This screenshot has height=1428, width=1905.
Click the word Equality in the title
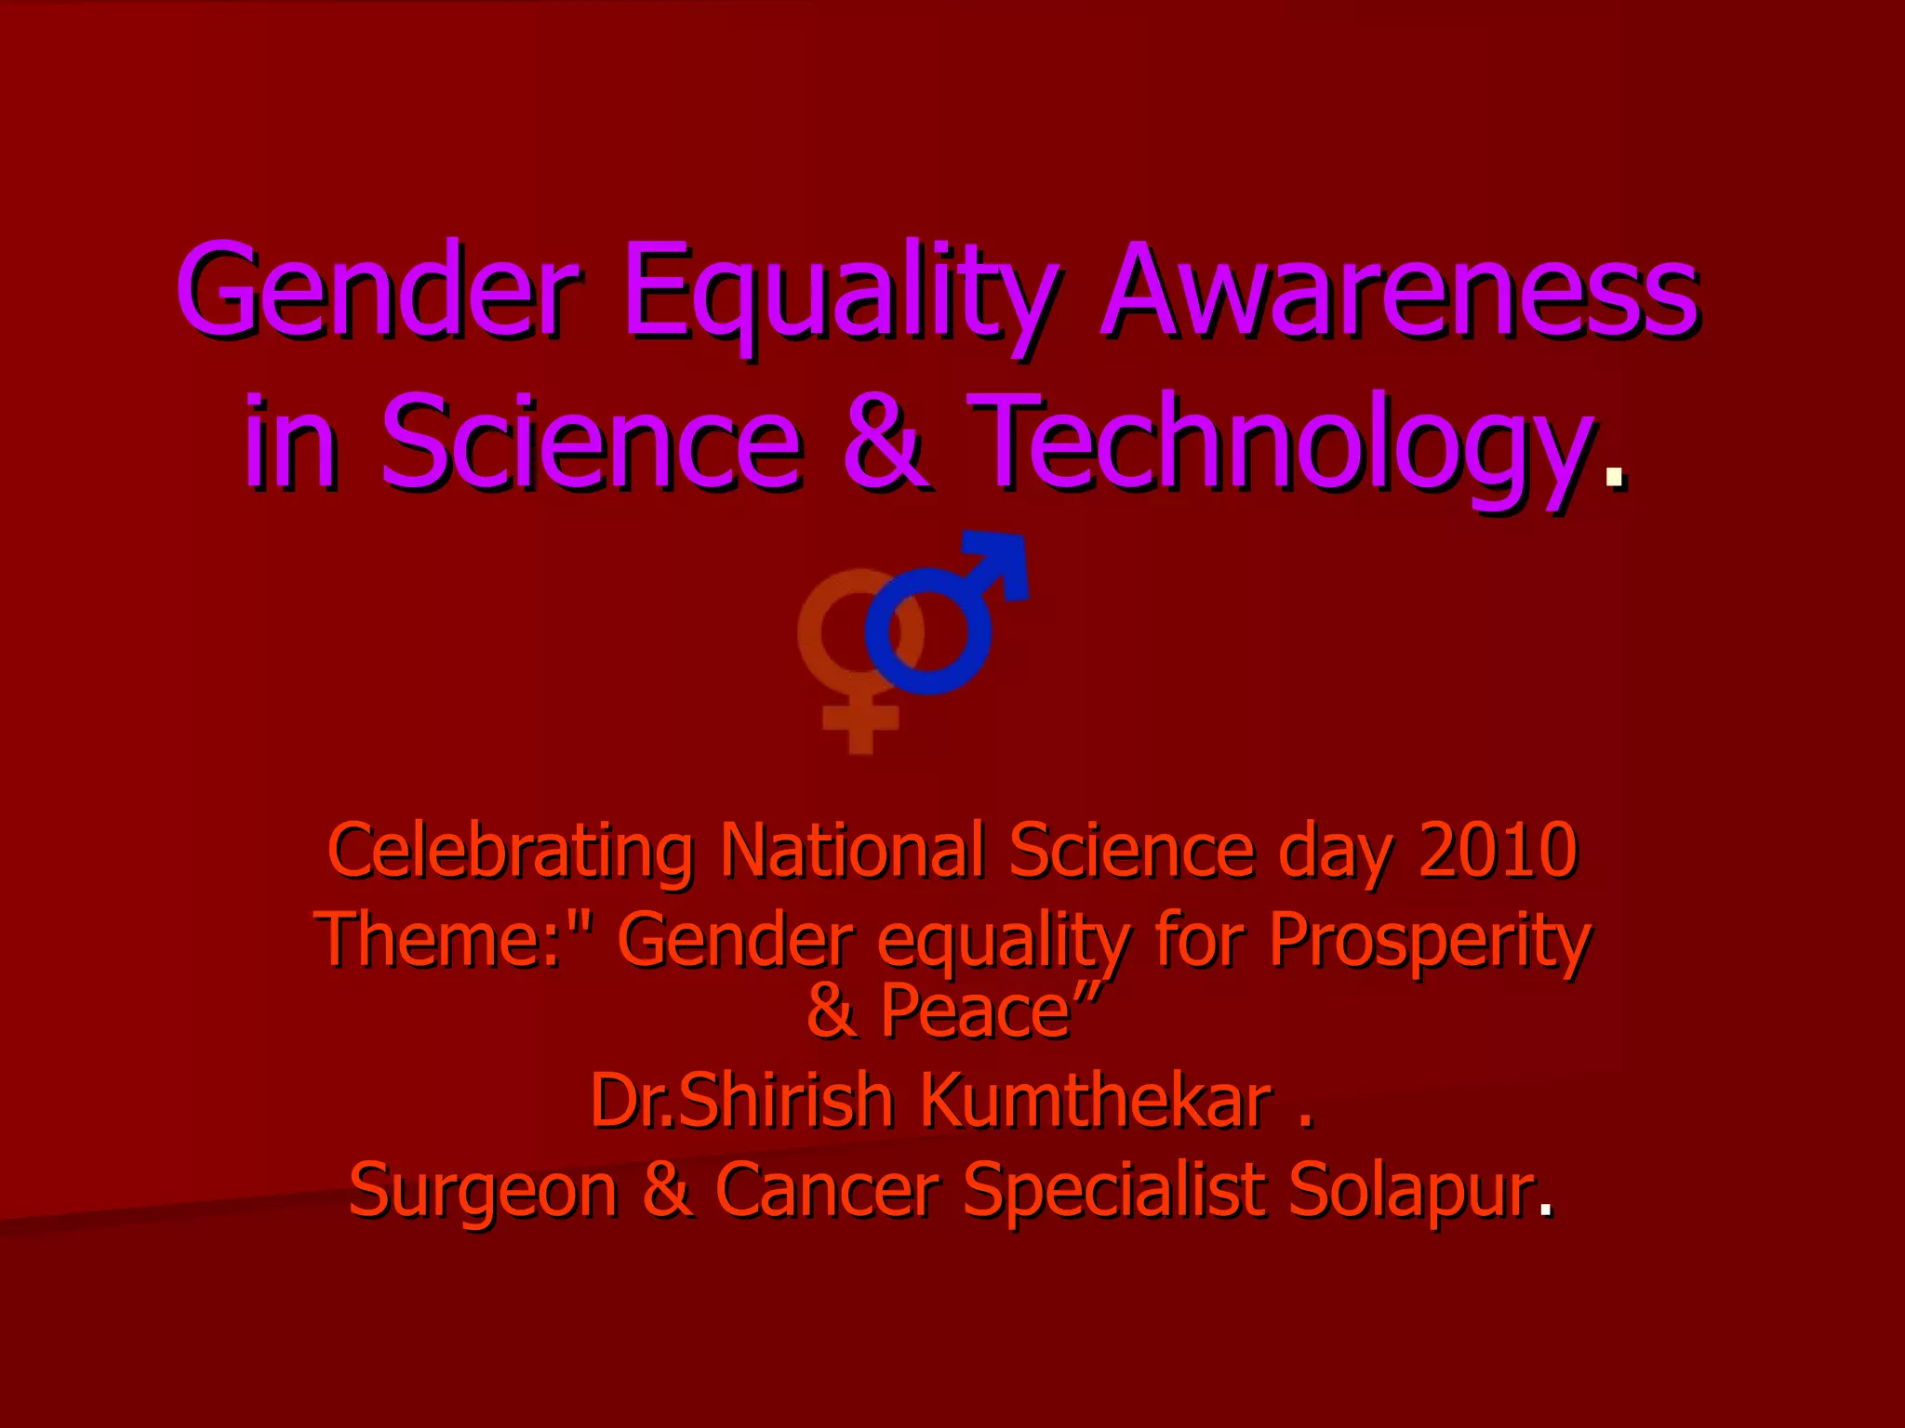tap(840, 293)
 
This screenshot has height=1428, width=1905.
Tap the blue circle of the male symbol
tap(927, 631)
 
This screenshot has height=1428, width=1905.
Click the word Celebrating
tap(511, 851)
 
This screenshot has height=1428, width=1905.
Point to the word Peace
tap(976, 1011)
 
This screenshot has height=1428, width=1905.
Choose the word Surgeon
tap(483, 1191)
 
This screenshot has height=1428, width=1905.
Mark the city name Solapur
tap(1410, 1191)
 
